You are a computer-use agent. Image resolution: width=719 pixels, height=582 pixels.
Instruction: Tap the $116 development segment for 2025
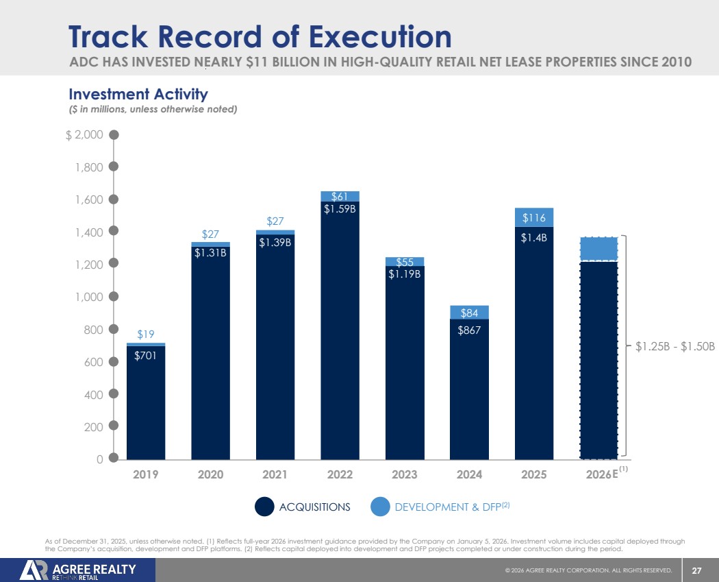534,218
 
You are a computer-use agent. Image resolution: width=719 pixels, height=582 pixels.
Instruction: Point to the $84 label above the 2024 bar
469,313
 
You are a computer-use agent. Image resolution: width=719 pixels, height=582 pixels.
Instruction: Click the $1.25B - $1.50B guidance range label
675,347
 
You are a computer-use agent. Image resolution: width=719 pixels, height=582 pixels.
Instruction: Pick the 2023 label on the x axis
404,474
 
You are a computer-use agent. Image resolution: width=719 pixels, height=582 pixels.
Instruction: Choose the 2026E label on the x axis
602,474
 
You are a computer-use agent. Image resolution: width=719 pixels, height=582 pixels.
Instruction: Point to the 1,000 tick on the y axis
90,297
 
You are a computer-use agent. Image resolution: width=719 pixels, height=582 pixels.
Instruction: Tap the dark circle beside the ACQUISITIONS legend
265,507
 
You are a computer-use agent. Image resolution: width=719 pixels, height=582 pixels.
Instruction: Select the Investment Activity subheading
138,93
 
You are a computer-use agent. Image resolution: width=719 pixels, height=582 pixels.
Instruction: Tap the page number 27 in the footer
697,570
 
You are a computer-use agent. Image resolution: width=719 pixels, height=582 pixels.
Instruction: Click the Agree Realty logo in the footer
78,570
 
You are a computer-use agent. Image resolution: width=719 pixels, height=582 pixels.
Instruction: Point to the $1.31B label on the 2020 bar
210,253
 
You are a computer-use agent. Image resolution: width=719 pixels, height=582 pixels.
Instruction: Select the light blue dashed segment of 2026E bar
598,249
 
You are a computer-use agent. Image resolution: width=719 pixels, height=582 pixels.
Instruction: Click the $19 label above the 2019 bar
145,335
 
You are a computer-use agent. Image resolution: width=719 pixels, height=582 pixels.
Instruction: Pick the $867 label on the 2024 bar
469,329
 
